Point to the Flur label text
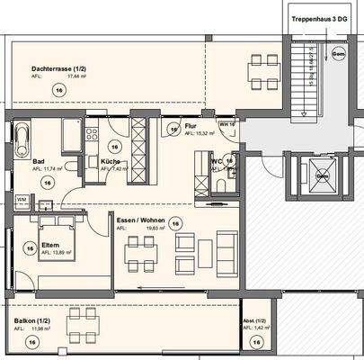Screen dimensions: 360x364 click(x=191, y=127)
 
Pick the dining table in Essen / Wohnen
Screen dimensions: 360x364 click(x=139, y=256)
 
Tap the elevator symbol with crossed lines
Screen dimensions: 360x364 click(x=321, y=174)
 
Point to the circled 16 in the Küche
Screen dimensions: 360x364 click(x=114, y=145)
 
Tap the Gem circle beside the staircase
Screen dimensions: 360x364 click(x=338, y=56)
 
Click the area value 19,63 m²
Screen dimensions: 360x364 click(x=145, y=229)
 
